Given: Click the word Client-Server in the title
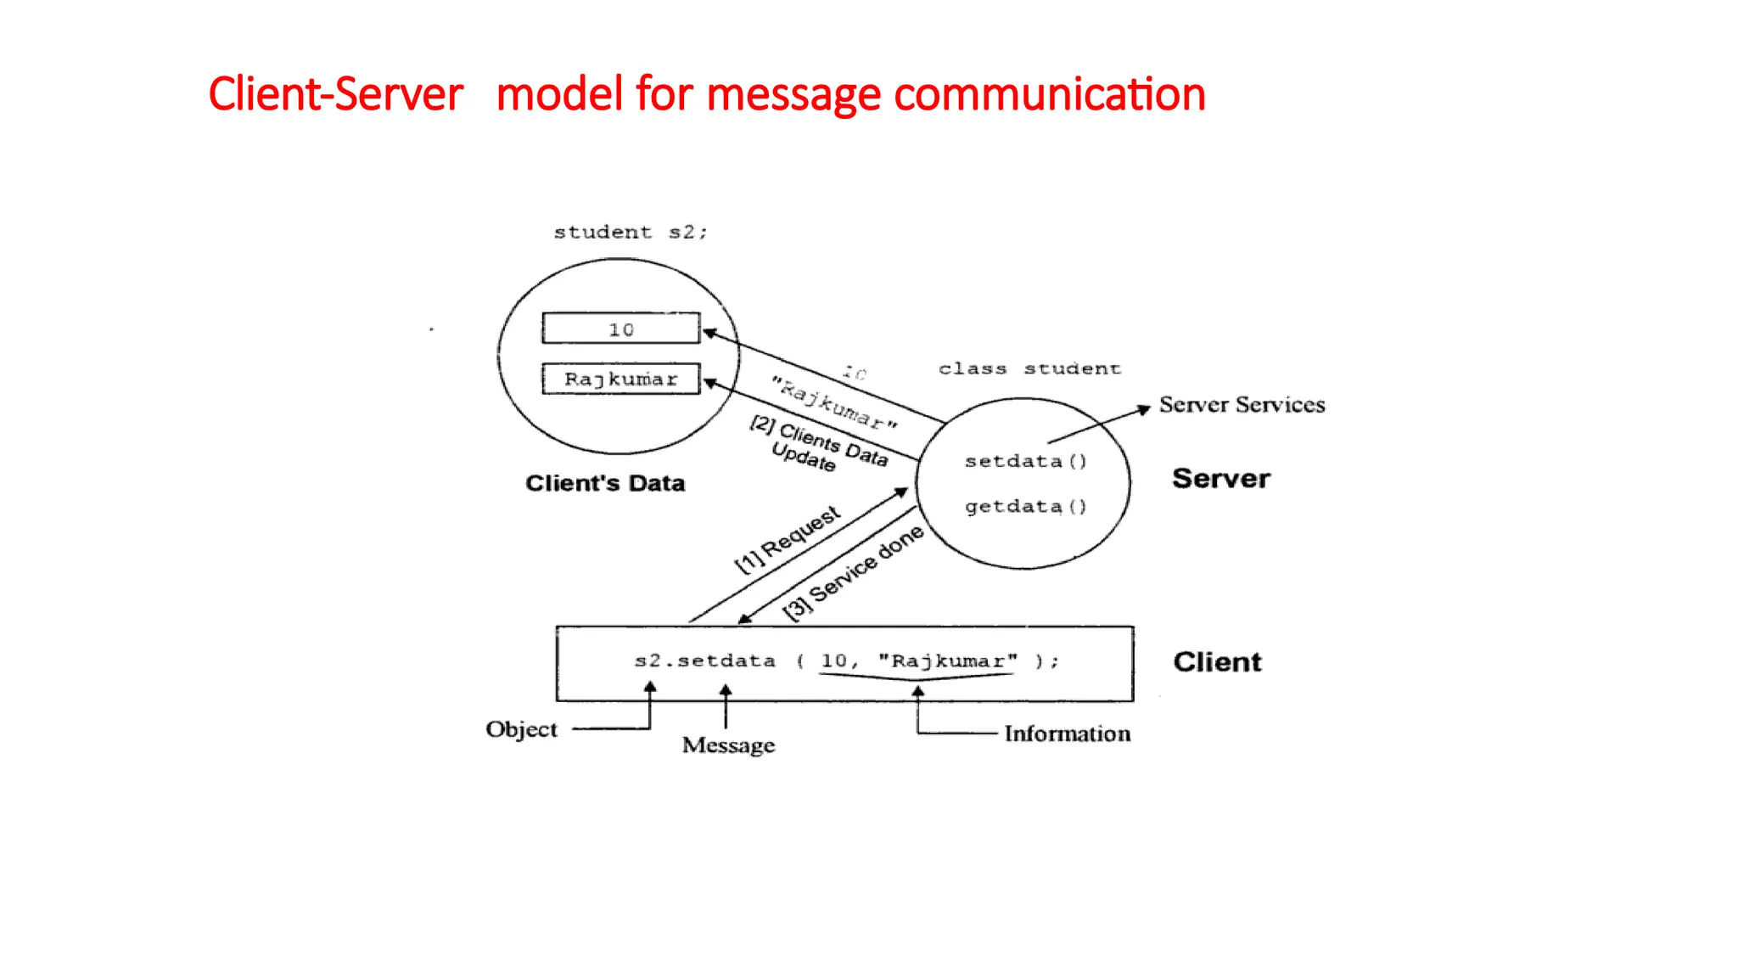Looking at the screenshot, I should pyautogui.click(x=335, y=93).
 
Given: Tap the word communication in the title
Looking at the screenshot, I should pyautogui.click(x=1049, y=93).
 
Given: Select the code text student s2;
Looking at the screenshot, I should pyautogui.click(x=630, y=232).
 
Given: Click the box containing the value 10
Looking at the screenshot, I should pyautogui.click(x=621, y=329).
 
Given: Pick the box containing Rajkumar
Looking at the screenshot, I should pyautogui.click(x=621, y=379).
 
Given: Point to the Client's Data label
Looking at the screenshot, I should pyautogui.click(x=605, y=483).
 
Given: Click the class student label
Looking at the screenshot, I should pyautogui.click(x=1029, y=368).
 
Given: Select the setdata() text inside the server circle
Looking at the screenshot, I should pyautogui.click(x=1025, y=461).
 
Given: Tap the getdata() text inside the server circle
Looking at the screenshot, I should pyautogui.click(x=1025, y=506).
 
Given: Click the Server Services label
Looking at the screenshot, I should pyautogui.click(x=1242, y=405).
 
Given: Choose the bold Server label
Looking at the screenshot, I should pyautogui.click(x=1221, y=478).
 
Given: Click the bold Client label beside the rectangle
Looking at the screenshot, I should pyautogui.click(x=1217, y=661).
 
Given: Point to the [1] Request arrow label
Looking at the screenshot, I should pyautogui.click(x=787, y=540).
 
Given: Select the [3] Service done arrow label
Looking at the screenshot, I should pyautogui.click(x=852, y=573).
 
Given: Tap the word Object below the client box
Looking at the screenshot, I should pyautogui.click(x=521, y=729).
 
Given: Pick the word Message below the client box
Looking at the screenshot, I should pyautogui.click(x=728, y=745).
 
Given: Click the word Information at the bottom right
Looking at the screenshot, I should pyautogui.click(x=1067, y=733).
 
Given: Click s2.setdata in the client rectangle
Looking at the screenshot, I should pyautogui.click(x=704, y=660).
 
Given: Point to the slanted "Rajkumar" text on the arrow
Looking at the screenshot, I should pyautogui.click(x=833, y=402).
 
